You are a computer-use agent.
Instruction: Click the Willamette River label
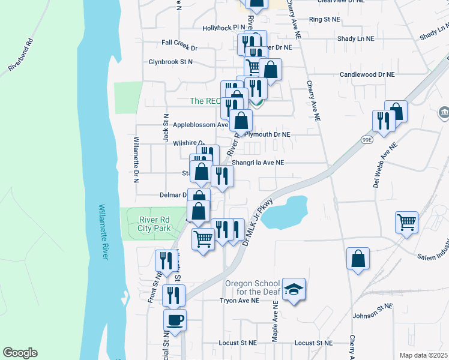pyautogui.click(x=104, y=232)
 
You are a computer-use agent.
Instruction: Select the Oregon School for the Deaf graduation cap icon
pyautogui.click(x=294, y=289)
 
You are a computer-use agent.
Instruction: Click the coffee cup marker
pyautogui.click(x=175, y=319)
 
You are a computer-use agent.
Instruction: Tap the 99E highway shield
pyautogui.click(x=367, y=139)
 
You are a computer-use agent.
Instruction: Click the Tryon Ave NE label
pyautogui.click(x=239, y=301)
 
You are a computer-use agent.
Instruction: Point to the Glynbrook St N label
pyautogui.click(x=171, y=62)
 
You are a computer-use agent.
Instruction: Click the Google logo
pyautogui.click(x=20, y=353)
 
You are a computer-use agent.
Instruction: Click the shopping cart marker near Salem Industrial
pyautogui.click(x=406, y=222)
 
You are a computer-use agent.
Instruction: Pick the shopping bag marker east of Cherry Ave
pyautogui.click(x=358, y=259)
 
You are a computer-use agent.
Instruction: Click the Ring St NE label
pyautogui.click(x=324, y=20)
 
